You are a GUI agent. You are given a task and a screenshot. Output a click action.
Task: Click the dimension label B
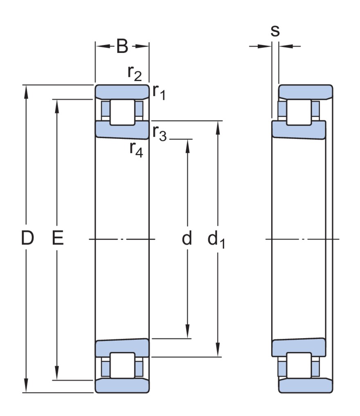(122, 46)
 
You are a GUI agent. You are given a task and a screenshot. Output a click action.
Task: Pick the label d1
(217, 240)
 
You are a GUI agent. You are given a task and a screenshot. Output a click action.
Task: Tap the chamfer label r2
(134, 73)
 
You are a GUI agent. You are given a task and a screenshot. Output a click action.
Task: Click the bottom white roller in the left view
(122, 365)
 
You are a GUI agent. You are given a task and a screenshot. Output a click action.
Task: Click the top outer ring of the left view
(122, 92)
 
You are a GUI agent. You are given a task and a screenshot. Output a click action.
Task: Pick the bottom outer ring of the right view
(305, 386)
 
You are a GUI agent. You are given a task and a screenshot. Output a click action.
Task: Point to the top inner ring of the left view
(122, 129)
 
